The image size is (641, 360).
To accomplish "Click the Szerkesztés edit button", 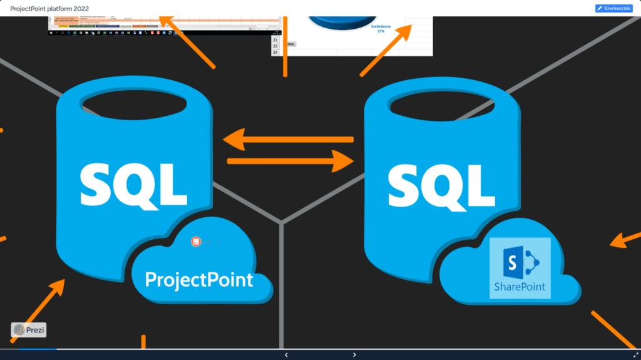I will pos(613,8).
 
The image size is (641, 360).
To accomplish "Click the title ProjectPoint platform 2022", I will pos(49,8).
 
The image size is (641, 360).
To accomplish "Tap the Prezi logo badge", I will pos(29,329).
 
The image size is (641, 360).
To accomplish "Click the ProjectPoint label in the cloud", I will pos(199,279).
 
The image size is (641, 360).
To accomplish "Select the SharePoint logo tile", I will pos(520,269).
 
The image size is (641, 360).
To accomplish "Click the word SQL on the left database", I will pos(134,182).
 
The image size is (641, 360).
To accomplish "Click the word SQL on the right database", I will pos(441,182).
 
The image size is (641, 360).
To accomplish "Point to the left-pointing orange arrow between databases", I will pos(288,139).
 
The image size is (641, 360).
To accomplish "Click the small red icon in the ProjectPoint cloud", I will pos(196,241).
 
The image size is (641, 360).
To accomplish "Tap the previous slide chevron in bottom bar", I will pos(286,355).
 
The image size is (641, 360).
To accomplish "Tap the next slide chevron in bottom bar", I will pos(354,355).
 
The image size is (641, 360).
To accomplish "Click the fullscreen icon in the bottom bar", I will pos(635,355).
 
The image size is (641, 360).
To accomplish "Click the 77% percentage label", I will pos(381,31).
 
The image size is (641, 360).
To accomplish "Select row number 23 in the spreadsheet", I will pos(275,46).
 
